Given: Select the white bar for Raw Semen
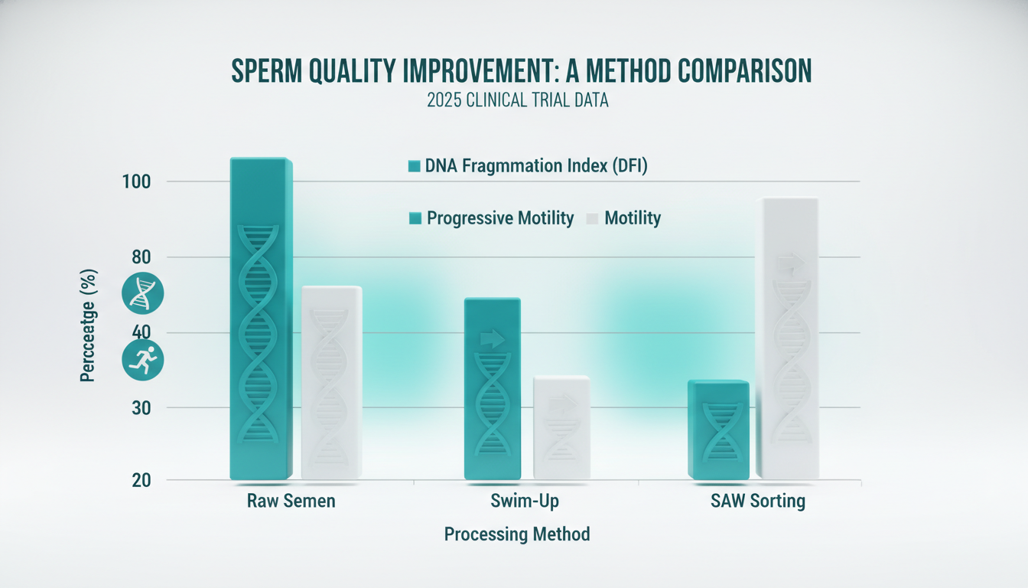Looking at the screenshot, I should pyautogui.click(x=331, y=383).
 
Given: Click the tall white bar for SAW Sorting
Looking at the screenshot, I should pyautogui.click(x=787, y=337).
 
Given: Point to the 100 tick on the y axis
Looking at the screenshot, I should pyautogui.click(x=139, y=182).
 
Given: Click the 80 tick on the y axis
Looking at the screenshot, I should pyautogui.click(x=139, y=257).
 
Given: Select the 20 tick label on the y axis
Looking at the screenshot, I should pyautogui.click(x=139, y=480).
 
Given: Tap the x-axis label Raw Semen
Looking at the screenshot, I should pyautogui.click(x=291, y=502).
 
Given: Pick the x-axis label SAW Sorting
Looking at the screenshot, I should pyautogui.click(x=756, y=502).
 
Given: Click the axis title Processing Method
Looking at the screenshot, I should pyautogui.click(x=517, y=534).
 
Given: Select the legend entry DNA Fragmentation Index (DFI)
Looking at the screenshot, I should pyautogui.click(x=528, y=165).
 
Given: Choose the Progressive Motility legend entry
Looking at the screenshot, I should pyautogui.click(x=492, y=218).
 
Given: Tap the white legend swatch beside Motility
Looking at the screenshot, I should pyautogui.click(x=591, y=219).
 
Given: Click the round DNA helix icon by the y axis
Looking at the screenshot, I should pyautogui.click(x=143, y=292).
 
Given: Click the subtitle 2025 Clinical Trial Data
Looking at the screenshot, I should pyautogui.click(x=517, y=100).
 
